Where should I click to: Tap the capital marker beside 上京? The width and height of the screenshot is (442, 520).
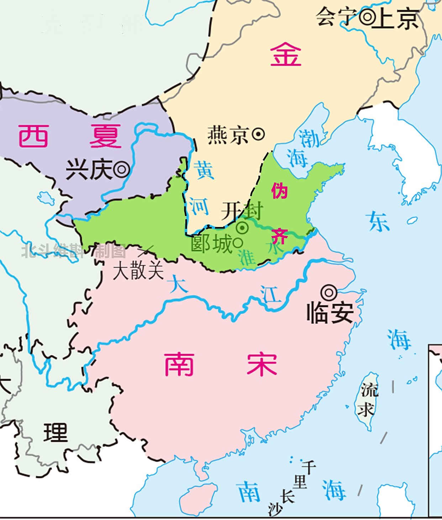coord(367,17)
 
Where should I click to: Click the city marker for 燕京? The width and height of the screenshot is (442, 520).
coord(258,134)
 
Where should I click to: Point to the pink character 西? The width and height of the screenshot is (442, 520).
coord(33,136)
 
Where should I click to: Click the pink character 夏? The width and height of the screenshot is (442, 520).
coord(105,136)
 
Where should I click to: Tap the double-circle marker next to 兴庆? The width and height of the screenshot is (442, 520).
coord(122,169)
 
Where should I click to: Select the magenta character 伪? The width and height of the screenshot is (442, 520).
coord(279,191)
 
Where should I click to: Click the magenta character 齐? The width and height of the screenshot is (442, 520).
coord(279,236)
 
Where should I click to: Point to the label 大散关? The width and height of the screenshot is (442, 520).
coord(138,270)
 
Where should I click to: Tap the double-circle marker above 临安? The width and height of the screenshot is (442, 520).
coord(329,293)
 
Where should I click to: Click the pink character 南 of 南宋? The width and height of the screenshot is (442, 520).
coord(179,364)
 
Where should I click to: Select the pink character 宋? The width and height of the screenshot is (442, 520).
coord(262,364)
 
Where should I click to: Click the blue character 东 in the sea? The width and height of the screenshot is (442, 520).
coord(378,221)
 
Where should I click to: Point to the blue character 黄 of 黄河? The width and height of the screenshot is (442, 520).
coord(204,170)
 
